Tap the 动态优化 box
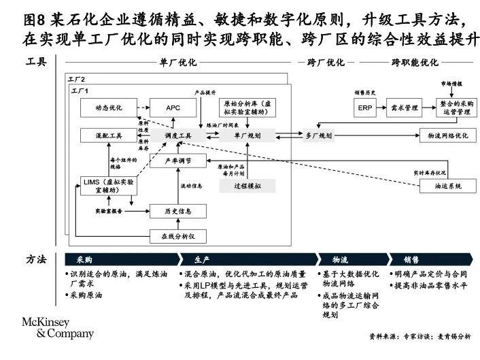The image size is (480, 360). pos(109,108)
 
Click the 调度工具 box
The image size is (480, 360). pos(178,136)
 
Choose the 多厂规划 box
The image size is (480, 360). pos(318,136)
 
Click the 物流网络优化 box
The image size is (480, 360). pos(448,136)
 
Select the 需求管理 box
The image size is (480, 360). pos(405,108)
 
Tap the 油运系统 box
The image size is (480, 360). pos(448,186)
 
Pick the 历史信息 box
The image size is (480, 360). pos(178,211)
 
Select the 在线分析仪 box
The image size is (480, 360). pos(178,235)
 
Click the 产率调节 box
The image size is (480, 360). pos(178,161)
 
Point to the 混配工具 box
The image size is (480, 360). pos(109,136)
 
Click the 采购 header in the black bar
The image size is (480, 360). pos(84,259)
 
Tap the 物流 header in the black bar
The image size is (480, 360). pos(340,259)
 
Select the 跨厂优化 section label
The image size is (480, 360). pos(326,63)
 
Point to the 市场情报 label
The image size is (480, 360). pos(451,84)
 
